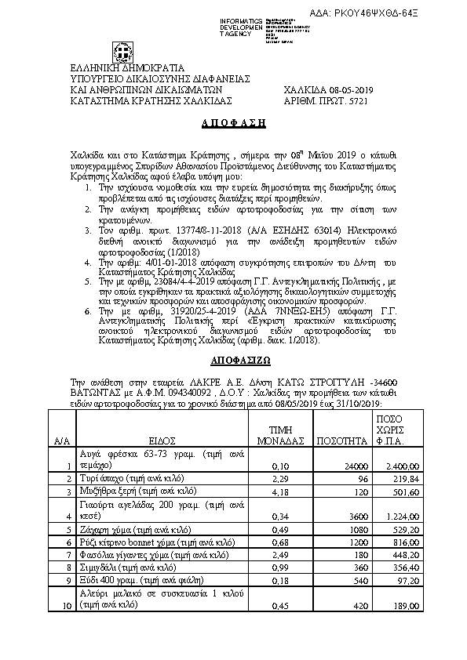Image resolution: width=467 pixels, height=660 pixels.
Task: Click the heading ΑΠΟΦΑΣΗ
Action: pyautogui.click(x=233, y=123)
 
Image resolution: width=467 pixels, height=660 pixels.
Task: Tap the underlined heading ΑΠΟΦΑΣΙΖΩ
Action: pyautogui.click(x=233, y=362)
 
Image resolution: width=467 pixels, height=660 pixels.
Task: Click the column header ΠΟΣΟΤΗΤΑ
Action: pyautogui.click(x=341, y=441)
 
